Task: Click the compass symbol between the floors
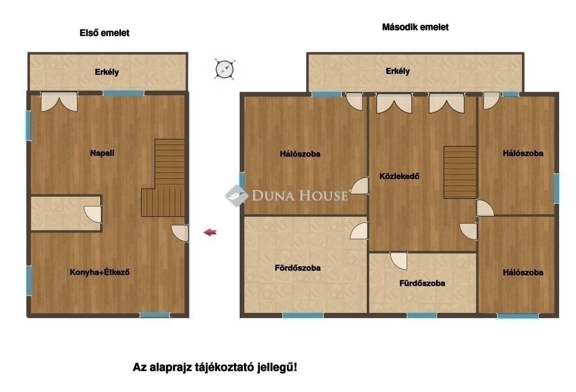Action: (224, 69)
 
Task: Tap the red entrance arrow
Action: (210, 232)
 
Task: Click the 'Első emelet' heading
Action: (105, 33)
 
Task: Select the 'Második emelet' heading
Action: (415, 27)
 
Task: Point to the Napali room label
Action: (102, 153)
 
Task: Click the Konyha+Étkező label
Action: (100, 273)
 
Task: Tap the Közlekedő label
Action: (399, 176)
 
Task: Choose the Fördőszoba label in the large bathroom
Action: (298, 268)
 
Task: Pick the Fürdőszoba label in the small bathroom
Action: (422, 283)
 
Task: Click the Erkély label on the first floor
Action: (107, 72)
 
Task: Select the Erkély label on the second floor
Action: (398, 72)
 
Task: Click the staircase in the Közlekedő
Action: (460, 172)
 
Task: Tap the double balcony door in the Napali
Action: (59, 102)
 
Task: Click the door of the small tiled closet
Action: (93, 214)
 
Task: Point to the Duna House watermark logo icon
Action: (236, 195)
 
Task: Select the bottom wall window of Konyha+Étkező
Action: (155, 315)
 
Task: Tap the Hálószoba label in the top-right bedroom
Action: (523, 153)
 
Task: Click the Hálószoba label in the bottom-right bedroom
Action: (523, 273)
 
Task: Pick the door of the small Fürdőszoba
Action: (399, 260)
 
